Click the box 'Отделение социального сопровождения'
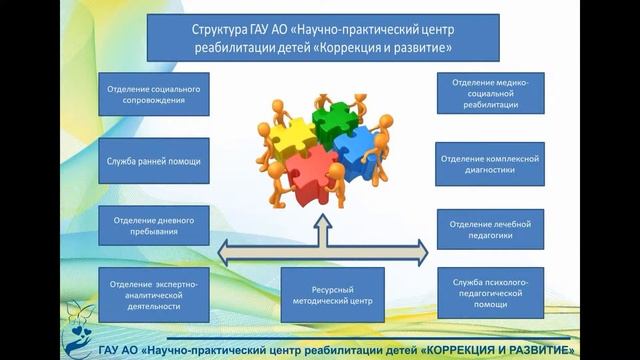tap(154, 95)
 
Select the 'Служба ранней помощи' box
tap(154, 160)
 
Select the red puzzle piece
tap(312, 173)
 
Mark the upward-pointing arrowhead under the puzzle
tap(320, 226)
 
